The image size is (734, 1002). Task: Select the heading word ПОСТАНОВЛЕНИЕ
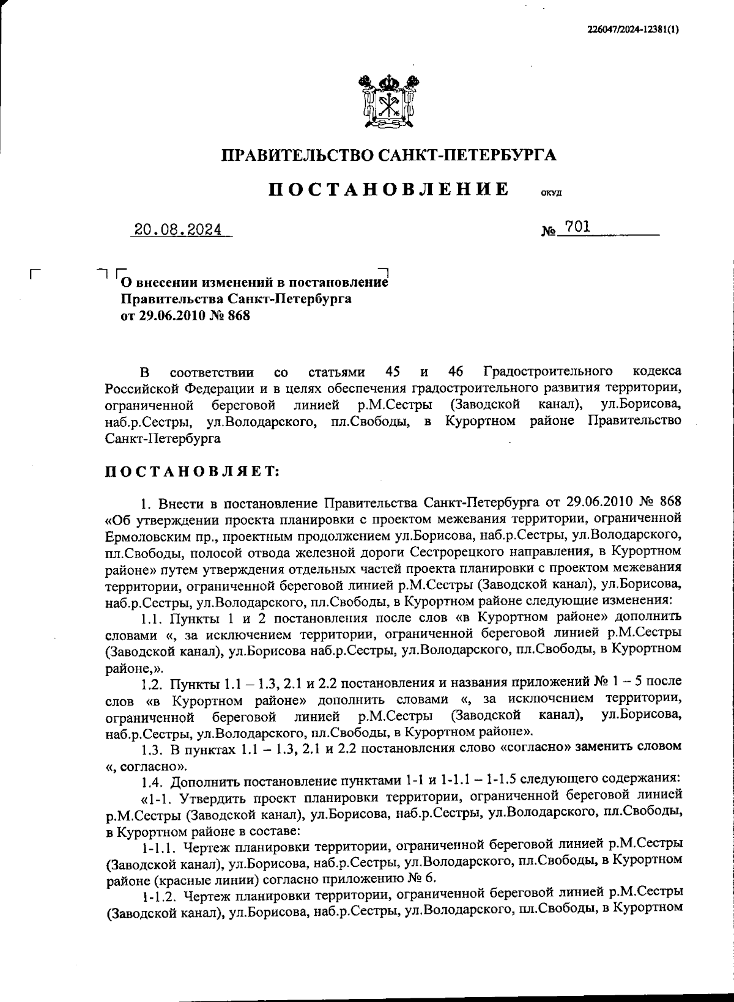pyautogui.click(x=389, y=189)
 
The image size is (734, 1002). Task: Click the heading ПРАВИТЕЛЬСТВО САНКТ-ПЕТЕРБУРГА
pyautogui.click(x=388, y=155)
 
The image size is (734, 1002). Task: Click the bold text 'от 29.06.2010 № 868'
pyautogui.click(x=186, y=316)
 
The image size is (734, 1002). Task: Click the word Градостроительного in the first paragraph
pyautogui.click(x=548, y=372)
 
